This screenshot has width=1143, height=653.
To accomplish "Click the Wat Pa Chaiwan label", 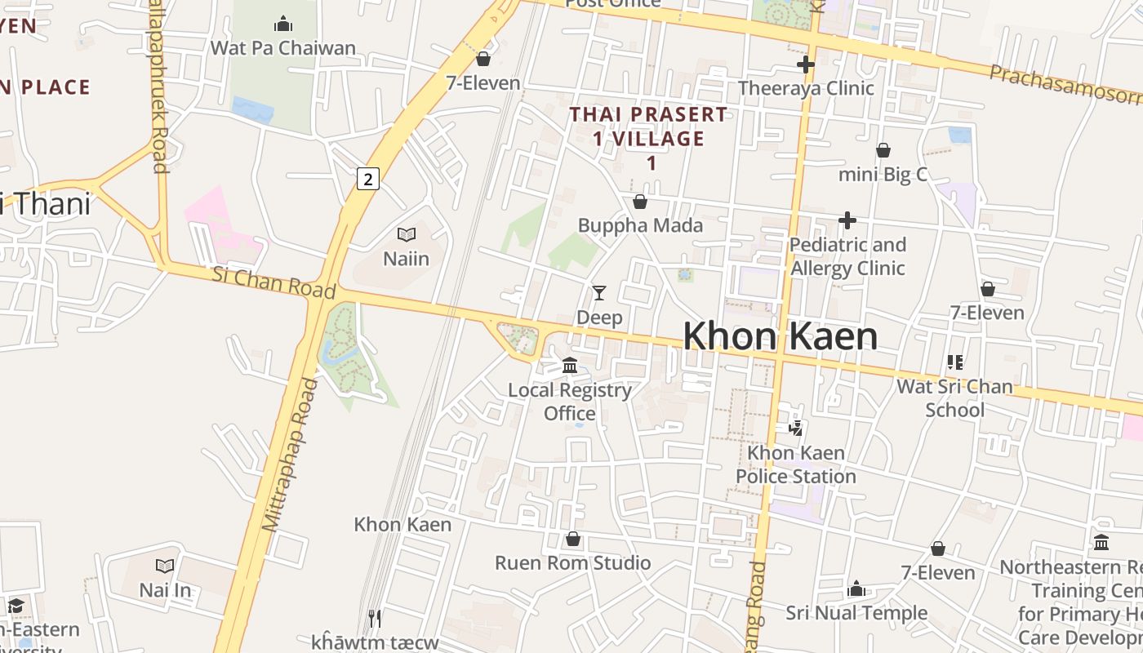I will pyautogui.click(x=283, y=48).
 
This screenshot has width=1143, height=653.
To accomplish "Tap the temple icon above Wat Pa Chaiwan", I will pyautogui.click(x=283, y=23).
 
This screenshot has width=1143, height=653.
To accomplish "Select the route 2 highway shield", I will pyautogui.click(x=368, y=179).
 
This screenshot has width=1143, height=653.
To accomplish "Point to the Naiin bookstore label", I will pyautogui.click(x=406, y=259).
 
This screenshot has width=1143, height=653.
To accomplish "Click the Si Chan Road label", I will pyautogui.click(x=274, y=282).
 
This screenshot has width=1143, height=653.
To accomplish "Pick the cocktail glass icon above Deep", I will pyautogui.click(x=599, y=292).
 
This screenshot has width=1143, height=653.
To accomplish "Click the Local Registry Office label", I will pyautogui.click(x=570, y=402).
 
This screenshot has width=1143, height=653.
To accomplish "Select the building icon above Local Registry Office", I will pyautogui.click(x=570, y=364).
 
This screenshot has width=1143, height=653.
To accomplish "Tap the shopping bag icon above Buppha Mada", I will pyautogui.click(x=640, y=201).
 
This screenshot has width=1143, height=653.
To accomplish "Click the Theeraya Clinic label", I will pyautogui.click(x=806, y=88).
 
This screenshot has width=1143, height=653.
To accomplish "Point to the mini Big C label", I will pyautogui.click(x=883, y=174).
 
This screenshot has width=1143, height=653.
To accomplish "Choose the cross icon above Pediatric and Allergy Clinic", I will pyautogui.click(x=847, y=220).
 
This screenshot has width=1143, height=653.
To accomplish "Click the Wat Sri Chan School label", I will pyautogui.click(x=954, y=398).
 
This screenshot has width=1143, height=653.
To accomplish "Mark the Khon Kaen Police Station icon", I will pyautogui.click(x=795, y=427).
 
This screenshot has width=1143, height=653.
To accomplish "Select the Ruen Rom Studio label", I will pyautogui.click(x=573, y=563).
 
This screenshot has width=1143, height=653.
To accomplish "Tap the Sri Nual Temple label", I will pyautogui.click(x=856, y=613).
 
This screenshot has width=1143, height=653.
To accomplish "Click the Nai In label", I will pyautogui.click(x=165, y=590).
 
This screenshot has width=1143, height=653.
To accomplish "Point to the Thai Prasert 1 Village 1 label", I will pyautogui.click(x=648, y=138).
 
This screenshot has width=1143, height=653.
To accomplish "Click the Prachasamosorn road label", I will pyautogui.click(x=1065, y=84).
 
